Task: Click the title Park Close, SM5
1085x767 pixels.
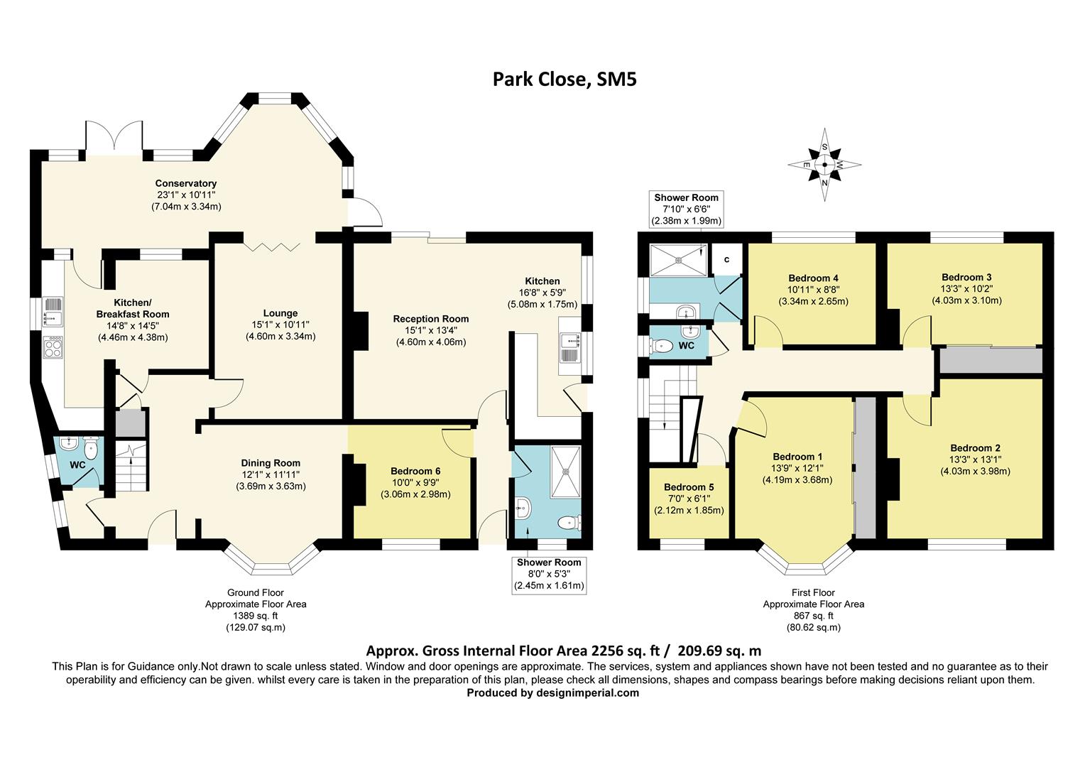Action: coord(565,79)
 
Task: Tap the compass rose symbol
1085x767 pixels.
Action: coord(824,165)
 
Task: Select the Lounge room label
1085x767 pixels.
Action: coord(280,313)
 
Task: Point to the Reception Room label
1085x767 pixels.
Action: coord(431,319)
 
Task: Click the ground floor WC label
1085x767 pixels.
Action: coord(77,465)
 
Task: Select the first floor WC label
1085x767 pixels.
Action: coord(686,346)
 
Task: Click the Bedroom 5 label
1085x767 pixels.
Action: coord(689,487)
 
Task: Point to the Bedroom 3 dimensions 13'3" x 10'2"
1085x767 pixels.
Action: coord(966,289)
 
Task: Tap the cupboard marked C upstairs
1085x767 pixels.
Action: coord(726,260)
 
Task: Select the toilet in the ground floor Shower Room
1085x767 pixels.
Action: coord(569,523)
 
